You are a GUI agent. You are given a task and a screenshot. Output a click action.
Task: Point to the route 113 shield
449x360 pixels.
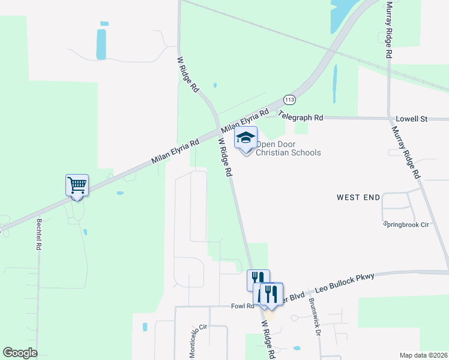pyautogui.click(x=290, y=99)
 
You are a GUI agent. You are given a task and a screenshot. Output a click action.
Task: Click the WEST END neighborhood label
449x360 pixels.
pyautogui.click(x=358, y=197)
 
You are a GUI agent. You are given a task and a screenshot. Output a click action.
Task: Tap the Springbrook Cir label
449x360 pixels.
pyautogui.click(x=406, y=224)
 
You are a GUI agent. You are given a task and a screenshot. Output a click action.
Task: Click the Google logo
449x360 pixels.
pyautogui.click(x=20, y=353)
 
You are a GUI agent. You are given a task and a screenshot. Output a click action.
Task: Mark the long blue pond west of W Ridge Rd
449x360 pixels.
pyautogui.click(x=101, y=43)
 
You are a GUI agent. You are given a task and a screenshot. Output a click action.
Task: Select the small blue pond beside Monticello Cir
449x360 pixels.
pyautogui.click(x=145, y=327)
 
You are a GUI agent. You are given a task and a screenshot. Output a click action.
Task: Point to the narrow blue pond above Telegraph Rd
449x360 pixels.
pyautogui.click(x=335, y=84)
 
